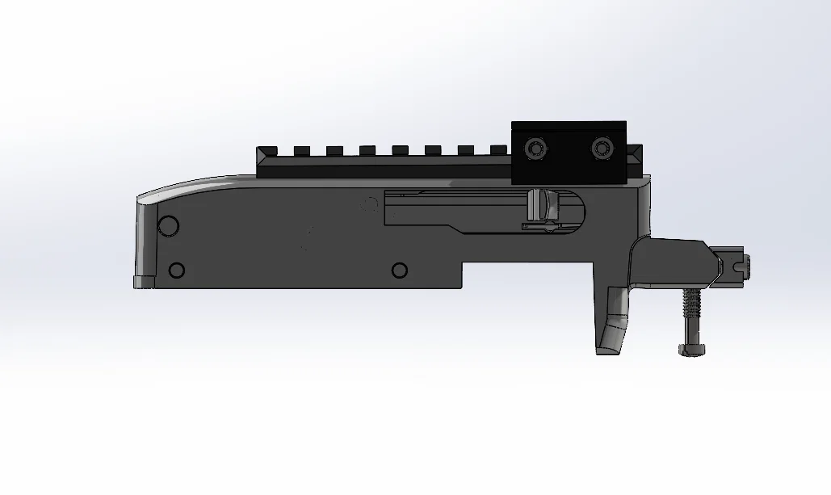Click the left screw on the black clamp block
(534, 149)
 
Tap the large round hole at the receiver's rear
(168, 226)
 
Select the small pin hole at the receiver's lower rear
(176, 271)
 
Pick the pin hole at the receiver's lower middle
(398, 270)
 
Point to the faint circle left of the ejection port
(370, 203)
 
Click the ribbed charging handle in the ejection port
(538, 207)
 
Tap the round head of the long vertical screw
(691, 349)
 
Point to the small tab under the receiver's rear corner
(145, 282)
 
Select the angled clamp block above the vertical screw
(674, 262)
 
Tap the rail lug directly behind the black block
(497, 149)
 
